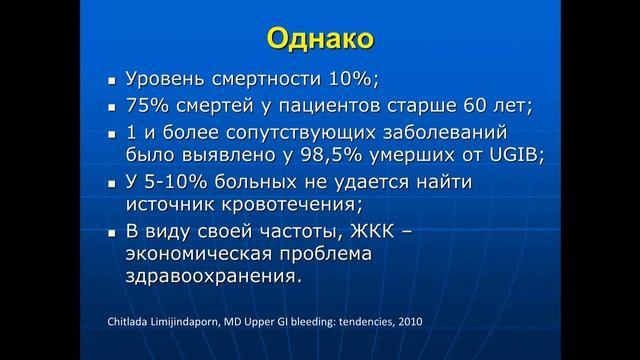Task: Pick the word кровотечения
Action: tap(300, 206)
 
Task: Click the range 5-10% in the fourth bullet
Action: tap(177, 182)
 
